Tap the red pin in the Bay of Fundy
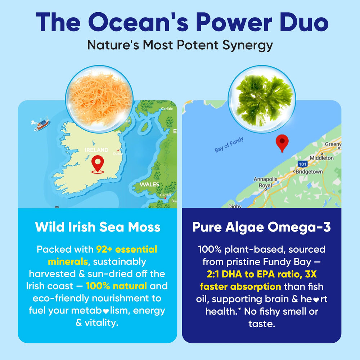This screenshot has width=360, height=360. tap(282, 143)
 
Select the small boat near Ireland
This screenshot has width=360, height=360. tap(41, 123)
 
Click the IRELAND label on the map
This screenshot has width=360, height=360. tap(96, 150)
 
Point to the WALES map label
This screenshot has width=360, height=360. tap(149, 184)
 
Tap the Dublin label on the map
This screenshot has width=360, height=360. tap(118, 153)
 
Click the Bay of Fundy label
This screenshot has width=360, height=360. tap(229, 145)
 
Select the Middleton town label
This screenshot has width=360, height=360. tap(321, 158)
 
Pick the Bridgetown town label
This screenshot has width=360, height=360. tap(309, 172)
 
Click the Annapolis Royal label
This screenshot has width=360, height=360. tap(265, 182)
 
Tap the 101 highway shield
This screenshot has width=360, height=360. tap(302, 164)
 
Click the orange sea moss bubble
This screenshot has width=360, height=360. tap(99, 97)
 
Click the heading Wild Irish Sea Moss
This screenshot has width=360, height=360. tap(98, 227)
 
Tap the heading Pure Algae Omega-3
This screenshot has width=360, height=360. tap(262, 227)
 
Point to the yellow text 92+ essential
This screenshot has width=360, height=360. tap(127, 249)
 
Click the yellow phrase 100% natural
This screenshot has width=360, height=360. tap(116, 286)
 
